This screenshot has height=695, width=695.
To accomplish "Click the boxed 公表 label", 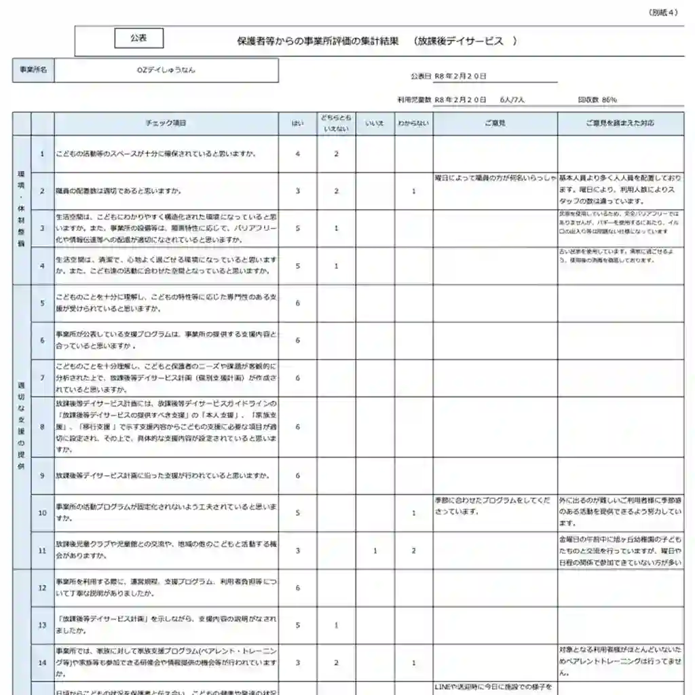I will point(138,39).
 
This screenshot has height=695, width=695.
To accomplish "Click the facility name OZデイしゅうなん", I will point(166,69).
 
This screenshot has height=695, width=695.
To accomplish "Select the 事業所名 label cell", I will point(33,70).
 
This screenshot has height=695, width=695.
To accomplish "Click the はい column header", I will point(297,123).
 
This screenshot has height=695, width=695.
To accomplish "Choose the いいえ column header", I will point(375,123).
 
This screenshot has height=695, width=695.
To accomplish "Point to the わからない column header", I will point(413,123).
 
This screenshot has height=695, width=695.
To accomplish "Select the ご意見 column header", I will point(495,123).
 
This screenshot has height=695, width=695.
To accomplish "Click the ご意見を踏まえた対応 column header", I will point(620,123).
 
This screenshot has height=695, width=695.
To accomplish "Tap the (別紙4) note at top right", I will point(663,12).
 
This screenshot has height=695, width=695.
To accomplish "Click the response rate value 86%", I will point(609,100).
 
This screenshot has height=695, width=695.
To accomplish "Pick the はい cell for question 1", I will point(297,154).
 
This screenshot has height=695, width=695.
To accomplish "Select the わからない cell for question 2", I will point(413,191).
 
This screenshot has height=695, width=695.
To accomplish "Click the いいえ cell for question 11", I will point(375,550).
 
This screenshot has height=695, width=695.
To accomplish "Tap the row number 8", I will point(42,427).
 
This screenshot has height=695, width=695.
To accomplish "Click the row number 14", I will point(42,662).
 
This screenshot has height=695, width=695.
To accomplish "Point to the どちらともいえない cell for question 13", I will point(336,625).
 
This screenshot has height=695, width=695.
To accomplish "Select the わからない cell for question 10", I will point(413,513).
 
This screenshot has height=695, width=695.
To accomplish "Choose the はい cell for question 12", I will point(297,588).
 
